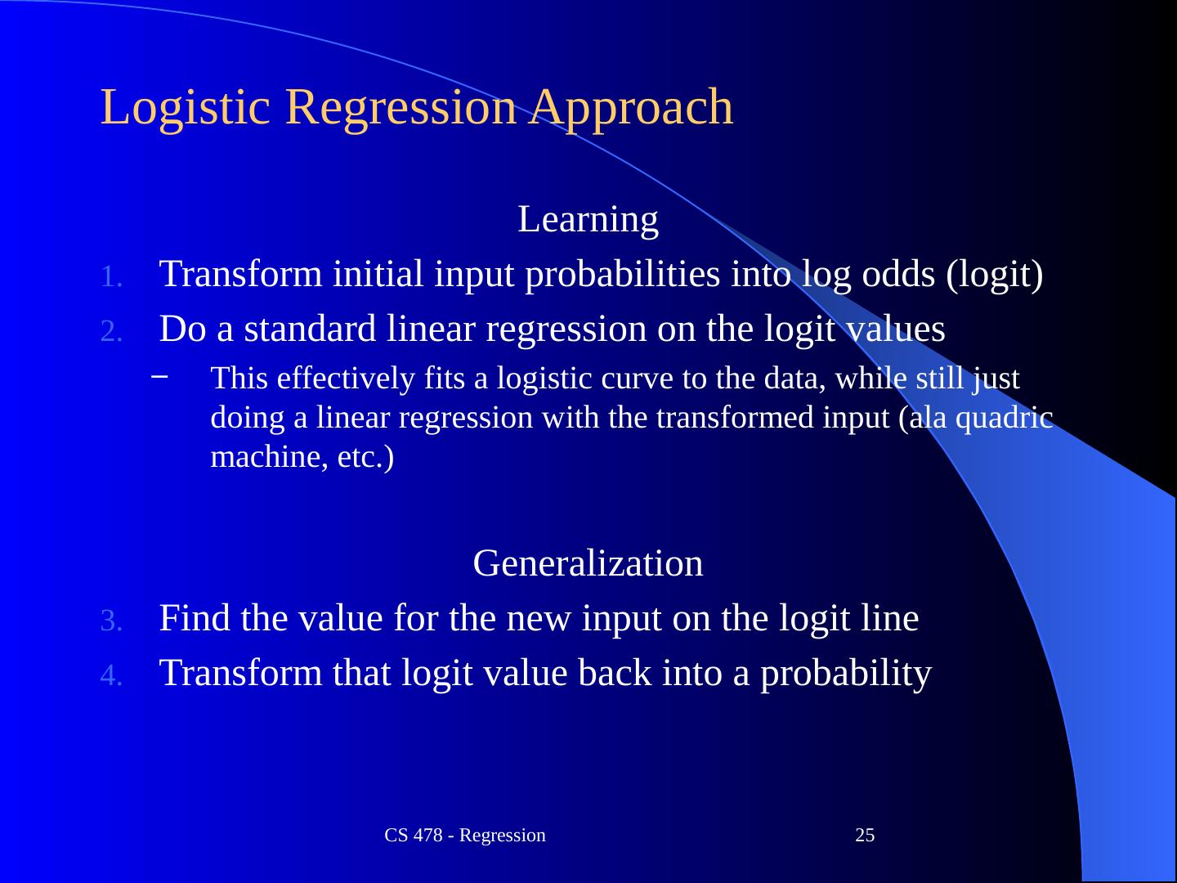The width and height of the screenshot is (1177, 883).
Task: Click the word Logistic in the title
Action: [x=185, y=108]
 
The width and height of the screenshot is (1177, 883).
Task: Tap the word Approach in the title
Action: [x=630, y=108]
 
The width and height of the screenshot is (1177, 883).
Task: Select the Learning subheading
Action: [x=588, y=220]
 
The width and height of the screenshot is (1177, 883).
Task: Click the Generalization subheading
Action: [x=588, y=563]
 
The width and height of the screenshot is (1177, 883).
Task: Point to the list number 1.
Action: [x=111, y=276]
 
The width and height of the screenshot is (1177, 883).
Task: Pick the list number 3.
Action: [x=111, y=621]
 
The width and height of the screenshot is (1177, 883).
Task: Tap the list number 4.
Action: [x=111, y=675]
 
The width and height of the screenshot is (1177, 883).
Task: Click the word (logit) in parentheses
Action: [x=995, y=276]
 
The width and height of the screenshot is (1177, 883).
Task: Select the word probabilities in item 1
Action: [x=623, y=276]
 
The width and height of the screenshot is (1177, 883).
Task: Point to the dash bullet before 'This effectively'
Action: [x=159, y=376]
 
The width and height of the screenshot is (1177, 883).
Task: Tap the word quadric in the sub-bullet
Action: [x=1005, y=419]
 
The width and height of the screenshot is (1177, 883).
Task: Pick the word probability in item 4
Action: [x=846, y=675]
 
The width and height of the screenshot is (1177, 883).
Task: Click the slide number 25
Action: [x=865, y=836]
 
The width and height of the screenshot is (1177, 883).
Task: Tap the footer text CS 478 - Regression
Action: [x=465, y=836]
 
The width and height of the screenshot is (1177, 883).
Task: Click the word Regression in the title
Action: [x=401, y=108]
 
